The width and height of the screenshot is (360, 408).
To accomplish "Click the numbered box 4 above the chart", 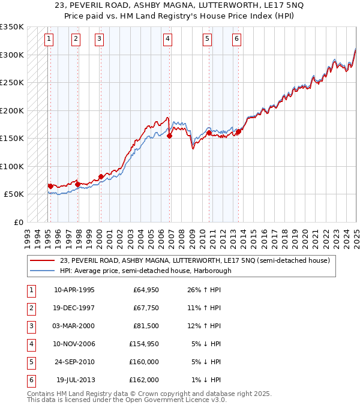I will pos(167,40).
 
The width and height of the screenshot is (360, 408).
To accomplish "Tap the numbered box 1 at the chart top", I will pos(49,40).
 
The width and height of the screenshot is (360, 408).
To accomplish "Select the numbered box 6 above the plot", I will pos(237,40).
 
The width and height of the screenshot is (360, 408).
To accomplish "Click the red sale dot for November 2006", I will pos(169,136).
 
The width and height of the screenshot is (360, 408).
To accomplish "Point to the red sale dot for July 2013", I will pos(238,132).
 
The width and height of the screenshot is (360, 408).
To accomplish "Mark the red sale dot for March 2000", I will pos(100,176).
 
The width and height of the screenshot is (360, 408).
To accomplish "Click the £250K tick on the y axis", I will pos(11,83).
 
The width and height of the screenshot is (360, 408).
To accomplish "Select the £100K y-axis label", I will pos(11,166).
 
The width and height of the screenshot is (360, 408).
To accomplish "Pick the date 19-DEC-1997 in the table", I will pos(74,308).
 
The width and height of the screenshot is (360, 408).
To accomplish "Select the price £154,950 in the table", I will pos(143,344).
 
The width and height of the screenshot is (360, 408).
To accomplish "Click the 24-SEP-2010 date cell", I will pos(74,362).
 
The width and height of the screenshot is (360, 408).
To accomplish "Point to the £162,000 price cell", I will pos(143,380).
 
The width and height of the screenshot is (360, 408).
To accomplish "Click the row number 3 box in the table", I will pos(29,326).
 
